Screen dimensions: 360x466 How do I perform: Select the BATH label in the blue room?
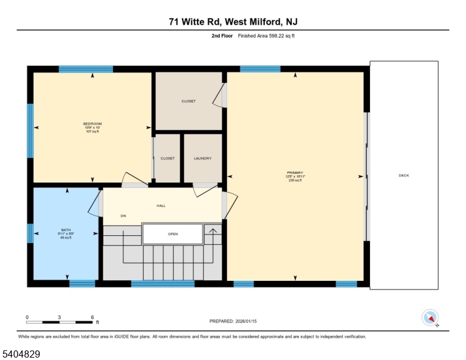coord(66,230)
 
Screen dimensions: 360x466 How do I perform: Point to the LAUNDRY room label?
coord(202,158)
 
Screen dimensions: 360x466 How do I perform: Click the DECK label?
coord(404,175)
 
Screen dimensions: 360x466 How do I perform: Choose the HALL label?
coord(161,206)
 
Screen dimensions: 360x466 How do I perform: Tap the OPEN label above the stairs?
coord(172,234)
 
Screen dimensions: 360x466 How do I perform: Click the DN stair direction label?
coord(123,216)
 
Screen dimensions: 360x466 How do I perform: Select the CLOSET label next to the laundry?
coord(168,158)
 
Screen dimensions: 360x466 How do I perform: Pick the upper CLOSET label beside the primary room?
coord(189,101)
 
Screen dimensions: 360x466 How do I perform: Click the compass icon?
coord(431,317)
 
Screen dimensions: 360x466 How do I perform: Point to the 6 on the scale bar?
coord(92,316)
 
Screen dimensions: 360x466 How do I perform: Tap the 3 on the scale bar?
coord(59,316)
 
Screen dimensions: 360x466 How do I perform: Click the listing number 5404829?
coord(22,354)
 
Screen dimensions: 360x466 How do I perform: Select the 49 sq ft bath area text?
coord(66,238)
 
